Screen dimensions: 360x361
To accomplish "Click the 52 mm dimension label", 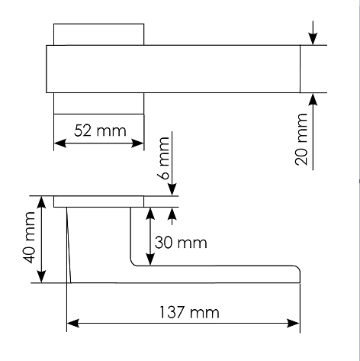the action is (100, 131).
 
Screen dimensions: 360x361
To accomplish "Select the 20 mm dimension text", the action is (301, 140).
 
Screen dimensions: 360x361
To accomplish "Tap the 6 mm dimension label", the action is (164, 158).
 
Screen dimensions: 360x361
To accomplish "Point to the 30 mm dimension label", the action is (181, 243).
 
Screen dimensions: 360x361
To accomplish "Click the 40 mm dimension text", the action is (29, 237).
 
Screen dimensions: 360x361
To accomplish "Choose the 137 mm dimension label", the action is (189, 312).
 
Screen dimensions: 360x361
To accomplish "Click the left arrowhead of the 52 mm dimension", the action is (60, 143).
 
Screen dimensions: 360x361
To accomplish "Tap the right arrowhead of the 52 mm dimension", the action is (137, 143).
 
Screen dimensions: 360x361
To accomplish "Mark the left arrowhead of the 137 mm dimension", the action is (73, 324).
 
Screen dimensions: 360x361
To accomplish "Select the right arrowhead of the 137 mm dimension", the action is (294, 324).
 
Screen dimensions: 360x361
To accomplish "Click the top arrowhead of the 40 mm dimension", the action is (41, 202).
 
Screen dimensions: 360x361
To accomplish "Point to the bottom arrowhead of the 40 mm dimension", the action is (41, 276).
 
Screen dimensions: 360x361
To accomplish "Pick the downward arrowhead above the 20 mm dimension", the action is (313, 39).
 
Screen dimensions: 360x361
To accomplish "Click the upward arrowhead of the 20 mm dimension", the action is (313, 99).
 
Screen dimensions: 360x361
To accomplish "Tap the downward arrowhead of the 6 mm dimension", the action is (172, 190).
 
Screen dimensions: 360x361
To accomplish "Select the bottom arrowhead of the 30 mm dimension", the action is (150, 259).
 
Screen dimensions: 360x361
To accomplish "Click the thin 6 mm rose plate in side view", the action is (98, 201).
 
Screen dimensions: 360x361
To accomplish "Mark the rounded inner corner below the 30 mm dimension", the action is (132, 264).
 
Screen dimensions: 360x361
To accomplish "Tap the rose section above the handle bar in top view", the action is (99, 34).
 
